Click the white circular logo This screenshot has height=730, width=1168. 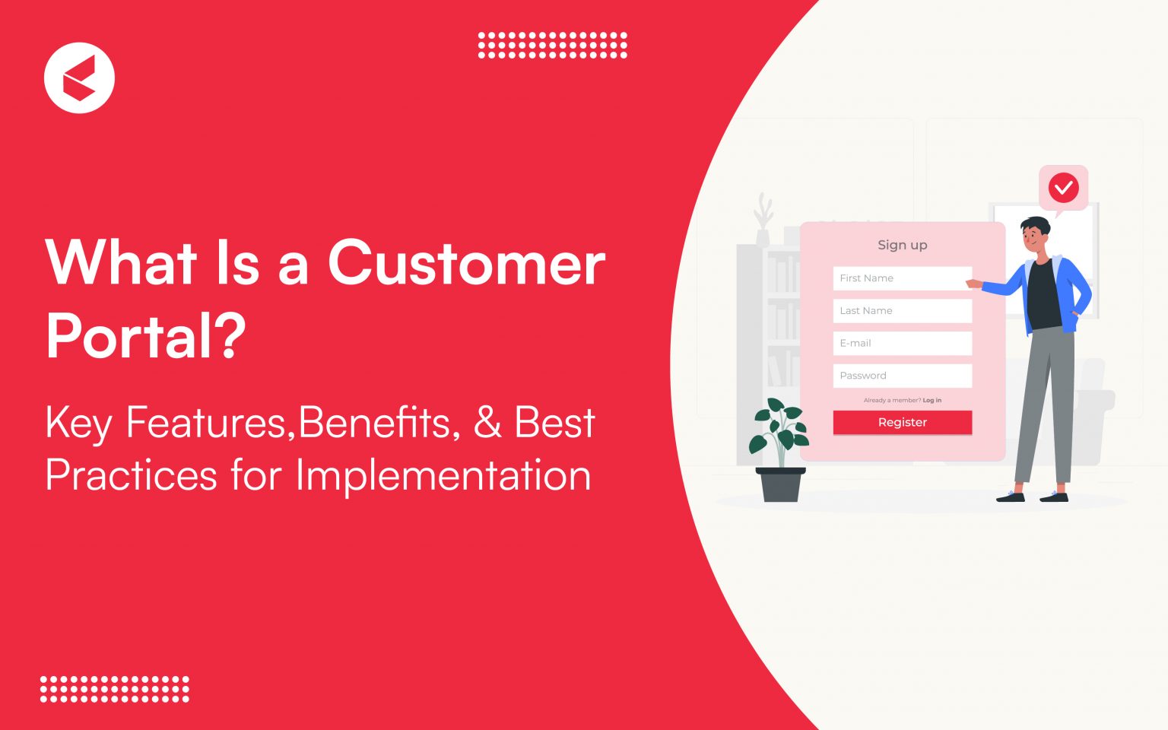[x=79, y=78]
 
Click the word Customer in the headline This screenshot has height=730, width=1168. [x=466, y=263]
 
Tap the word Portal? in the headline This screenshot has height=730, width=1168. [x=146, y=335]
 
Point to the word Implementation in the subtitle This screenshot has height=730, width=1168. [x=443, y=475]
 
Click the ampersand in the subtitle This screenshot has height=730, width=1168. [x=487, y=423]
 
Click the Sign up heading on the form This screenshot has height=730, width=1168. [x=902, y=245]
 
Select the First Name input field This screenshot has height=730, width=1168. [x=902, y=278]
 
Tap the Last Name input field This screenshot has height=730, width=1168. [x=902, y=311]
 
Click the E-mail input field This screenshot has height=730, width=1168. [x=902, y=343]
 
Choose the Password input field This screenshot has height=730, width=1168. [x=902, y=376]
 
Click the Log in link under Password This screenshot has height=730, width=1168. [x=932, y=400]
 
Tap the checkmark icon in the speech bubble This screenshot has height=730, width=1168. [x=1063, y=187]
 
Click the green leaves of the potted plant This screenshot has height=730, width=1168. [x=779, y=430]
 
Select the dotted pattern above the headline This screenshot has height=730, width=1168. [x=552, y=45]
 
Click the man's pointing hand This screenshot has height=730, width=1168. [x=973, y=284]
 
